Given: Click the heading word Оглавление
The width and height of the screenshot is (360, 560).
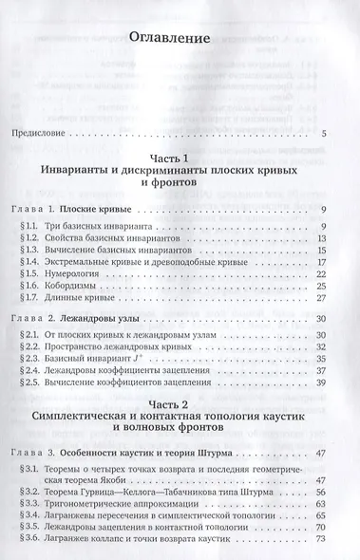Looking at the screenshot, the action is [x=180, y=40].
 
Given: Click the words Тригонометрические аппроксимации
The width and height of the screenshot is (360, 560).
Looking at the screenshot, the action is [x=139, y=504].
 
